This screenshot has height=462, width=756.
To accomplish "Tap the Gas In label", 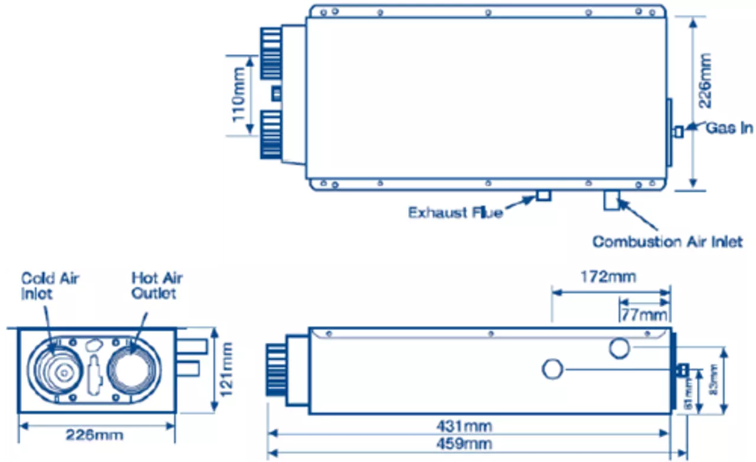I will tap(730, 128).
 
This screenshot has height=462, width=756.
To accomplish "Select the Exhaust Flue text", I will tap(455, 212).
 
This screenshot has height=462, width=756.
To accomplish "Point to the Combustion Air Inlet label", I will tap(667, 242).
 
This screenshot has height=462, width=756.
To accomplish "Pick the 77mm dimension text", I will tap(644, 314).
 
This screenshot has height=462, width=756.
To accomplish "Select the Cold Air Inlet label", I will tap(50, 286).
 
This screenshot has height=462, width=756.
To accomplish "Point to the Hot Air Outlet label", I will tap(157, 286).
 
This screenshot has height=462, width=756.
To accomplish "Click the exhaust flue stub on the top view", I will tap(543, 195).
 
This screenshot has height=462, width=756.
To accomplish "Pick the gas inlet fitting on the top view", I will tap(679, 131).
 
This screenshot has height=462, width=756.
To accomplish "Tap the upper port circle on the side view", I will tap(619, 349).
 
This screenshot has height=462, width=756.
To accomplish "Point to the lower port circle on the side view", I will tap(553, 369).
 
